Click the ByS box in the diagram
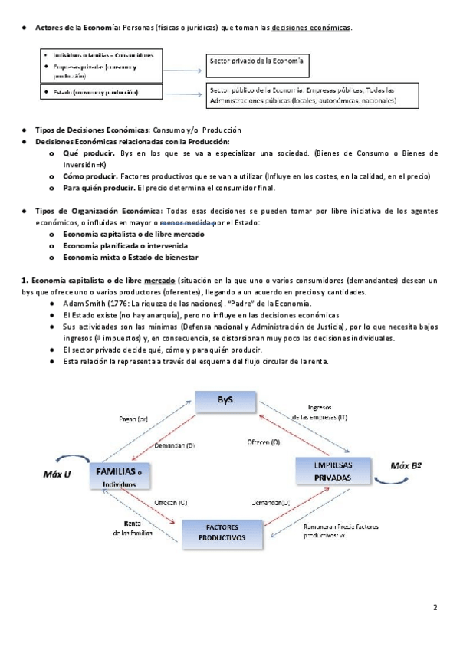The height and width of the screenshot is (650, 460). click(225, 401)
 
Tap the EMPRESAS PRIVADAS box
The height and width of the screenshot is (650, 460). click(332, 471)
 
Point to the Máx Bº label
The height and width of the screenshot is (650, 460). click(406, 465)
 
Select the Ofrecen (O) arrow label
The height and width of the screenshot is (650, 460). click(263, 442)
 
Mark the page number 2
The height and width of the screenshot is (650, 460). click(435, 609)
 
